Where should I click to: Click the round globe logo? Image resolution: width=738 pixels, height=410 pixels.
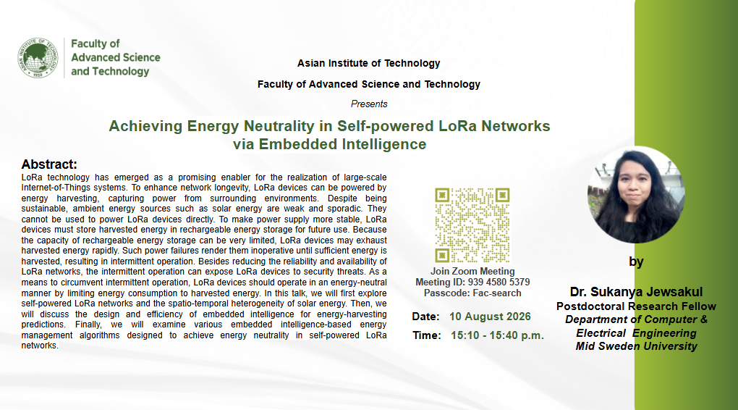38,58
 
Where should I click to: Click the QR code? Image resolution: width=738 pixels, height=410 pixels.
472,225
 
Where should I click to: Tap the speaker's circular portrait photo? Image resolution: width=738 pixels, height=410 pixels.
636,195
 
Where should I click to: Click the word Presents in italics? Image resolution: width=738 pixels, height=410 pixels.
369,104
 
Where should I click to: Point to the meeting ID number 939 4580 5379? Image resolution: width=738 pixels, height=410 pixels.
499,283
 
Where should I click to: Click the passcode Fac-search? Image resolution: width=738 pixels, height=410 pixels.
496,293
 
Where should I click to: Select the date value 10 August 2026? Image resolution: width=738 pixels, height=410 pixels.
490,317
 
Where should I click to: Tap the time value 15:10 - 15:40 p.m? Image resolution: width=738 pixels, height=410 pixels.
497,335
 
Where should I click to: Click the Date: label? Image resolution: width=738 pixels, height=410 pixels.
425,317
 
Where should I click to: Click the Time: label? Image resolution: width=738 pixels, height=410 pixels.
427,335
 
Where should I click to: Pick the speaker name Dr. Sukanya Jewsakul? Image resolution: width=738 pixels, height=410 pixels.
636,292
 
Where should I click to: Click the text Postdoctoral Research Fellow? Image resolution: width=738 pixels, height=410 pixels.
636,306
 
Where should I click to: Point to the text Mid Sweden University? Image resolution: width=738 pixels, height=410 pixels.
636,346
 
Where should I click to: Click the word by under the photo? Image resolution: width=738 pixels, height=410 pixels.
636,262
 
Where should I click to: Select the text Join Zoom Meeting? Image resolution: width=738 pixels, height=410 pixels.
472,272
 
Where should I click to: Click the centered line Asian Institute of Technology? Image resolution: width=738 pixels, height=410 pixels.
368,63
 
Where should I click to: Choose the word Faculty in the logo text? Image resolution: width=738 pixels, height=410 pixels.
90,44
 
